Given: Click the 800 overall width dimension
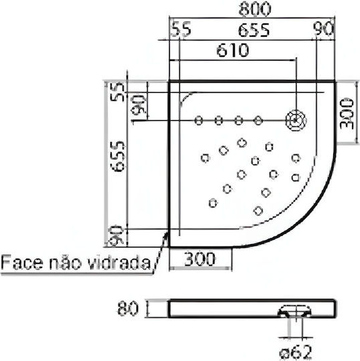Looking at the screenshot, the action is pyautogui.click(x=255, y=9).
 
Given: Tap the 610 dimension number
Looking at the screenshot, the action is pyautogui.click(x=233, y=50).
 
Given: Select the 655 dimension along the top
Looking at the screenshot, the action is pyautogui.click(x=254, y=30).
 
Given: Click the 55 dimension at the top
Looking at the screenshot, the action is pyautogui.click(x=181, y=29).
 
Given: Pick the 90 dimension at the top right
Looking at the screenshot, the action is pyautogui.click(x=323, y=29).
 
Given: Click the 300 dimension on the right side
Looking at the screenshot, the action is pyautogui.click(x=347, y=114).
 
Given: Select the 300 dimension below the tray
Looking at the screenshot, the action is pyautogui.click(x=200, y=259).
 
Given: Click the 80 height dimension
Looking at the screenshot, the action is pyautogui.click(x=128, y=308).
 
